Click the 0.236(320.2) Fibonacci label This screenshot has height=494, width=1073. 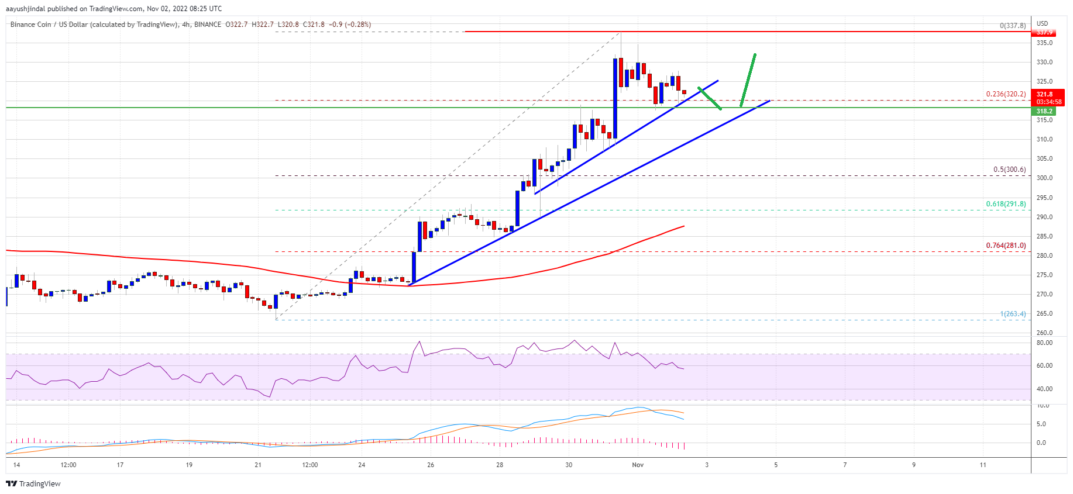1006,94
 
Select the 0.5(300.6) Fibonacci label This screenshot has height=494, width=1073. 1009,170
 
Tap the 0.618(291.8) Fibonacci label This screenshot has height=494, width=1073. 1006,204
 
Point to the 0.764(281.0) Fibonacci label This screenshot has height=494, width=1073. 1006,246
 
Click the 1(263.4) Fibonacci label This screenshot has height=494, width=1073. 1013,314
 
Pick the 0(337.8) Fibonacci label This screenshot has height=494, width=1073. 1013,26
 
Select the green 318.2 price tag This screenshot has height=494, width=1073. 1045,111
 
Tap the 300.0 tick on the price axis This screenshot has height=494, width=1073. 1044,178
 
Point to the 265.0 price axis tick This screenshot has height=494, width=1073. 1044,313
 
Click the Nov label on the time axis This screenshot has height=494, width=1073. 638,465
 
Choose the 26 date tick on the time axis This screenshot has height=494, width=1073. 431,465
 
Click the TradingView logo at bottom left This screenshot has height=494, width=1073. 33,483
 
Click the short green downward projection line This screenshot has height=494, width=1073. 709,98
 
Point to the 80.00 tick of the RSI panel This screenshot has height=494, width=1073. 1044,343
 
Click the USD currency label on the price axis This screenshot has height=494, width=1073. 1043,24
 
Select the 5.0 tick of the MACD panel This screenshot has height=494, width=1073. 1041,424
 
